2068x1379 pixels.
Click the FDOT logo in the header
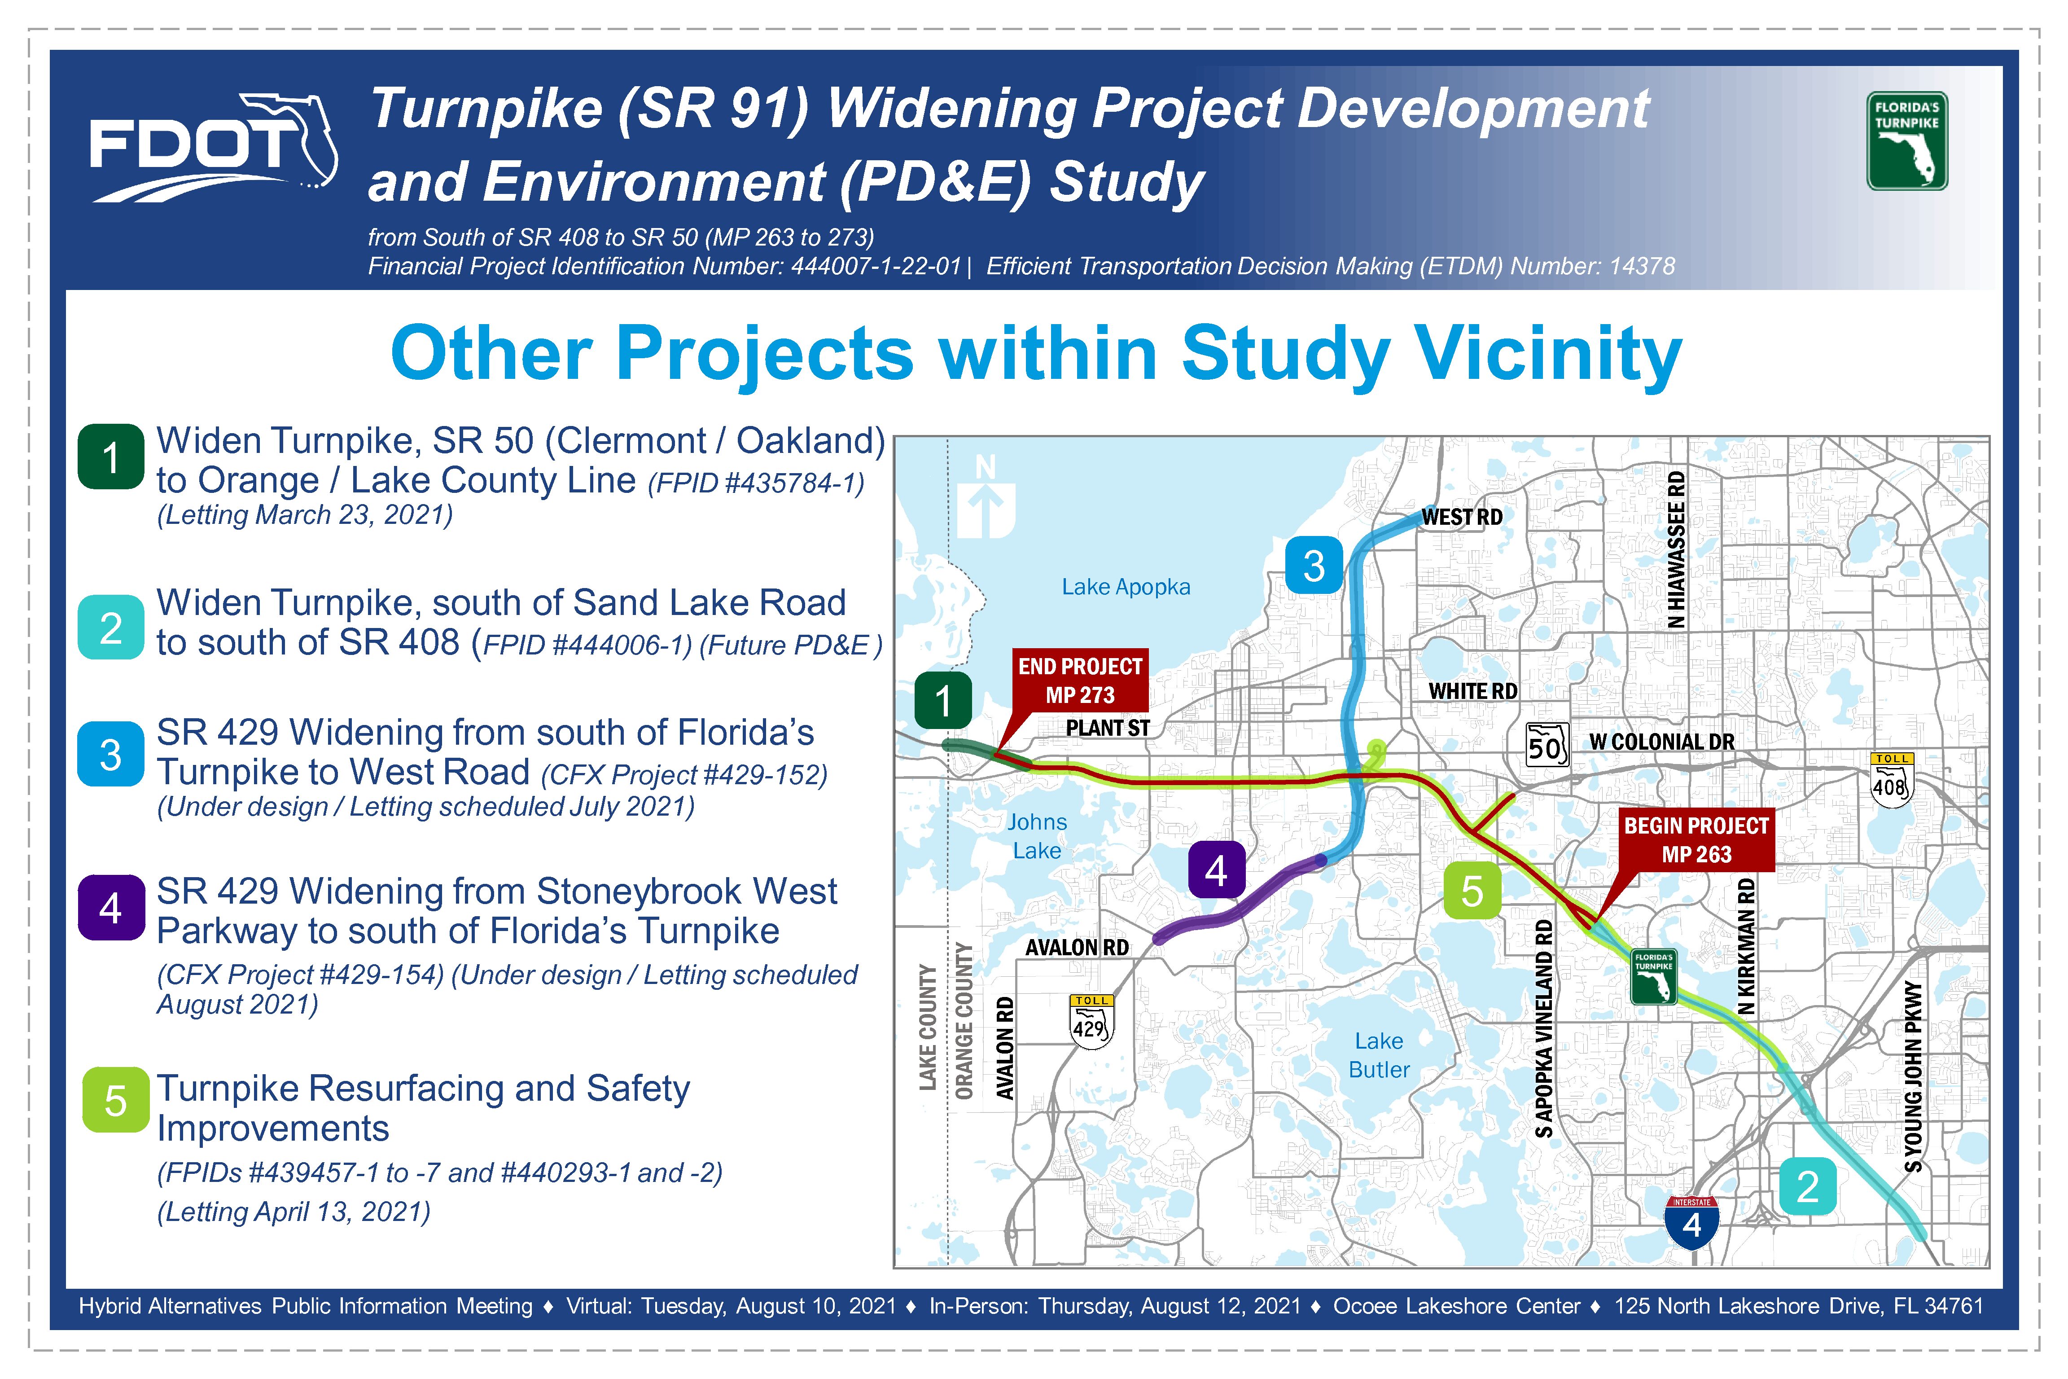pos(214,148)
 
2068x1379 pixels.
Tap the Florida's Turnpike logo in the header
pos(1907,141)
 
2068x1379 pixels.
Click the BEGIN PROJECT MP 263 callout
pos(1696,841)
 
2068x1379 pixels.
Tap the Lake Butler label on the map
pos(1379,1055)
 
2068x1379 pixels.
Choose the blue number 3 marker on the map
pos(1314,566)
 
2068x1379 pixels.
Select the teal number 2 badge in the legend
pos(111,628)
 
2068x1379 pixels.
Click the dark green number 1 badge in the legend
pos(111,457)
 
